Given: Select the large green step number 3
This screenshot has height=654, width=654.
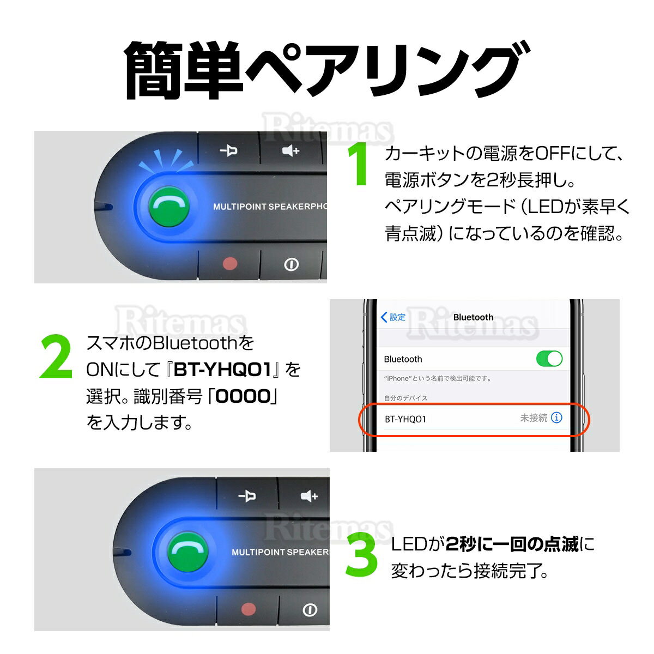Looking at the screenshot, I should pyautogui.click(x=361, y=556).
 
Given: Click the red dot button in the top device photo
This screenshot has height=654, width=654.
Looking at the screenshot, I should pyautogui.click(x=231, y=264).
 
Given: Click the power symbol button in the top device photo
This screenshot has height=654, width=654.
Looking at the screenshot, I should pyautogui.click(x=292, y=265).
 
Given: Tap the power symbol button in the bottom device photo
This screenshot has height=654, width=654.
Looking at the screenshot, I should pyautogui.click(x=310, y=609).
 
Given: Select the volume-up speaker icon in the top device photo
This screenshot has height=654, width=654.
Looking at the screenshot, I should pyautogui.click(x=291, y=150).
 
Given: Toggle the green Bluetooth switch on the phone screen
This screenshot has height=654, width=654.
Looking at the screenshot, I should pyautogui.click(x=549, y=359).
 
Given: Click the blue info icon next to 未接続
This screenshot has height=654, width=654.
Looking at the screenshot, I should pyautogui.click(x=556, y=418).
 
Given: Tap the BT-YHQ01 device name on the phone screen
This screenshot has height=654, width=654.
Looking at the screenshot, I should pyautogui.click(x=405, y=419).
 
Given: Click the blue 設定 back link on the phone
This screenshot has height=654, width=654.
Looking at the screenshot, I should pyautogui.click(x=393, y=317).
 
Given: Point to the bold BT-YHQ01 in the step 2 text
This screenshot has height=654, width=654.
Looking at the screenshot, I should pyautogui.click(x=222, y=371).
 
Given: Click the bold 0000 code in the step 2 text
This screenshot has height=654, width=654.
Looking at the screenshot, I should pyautogui.click(x=243, y=397).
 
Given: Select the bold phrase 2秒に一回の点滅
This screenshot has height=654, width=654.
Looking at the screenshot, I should pyautogui.click(x=512, y=544).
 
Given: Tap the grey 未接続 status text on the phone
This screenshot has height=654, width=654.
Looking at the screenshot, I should pyautogui.click(x=533, y=418).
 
